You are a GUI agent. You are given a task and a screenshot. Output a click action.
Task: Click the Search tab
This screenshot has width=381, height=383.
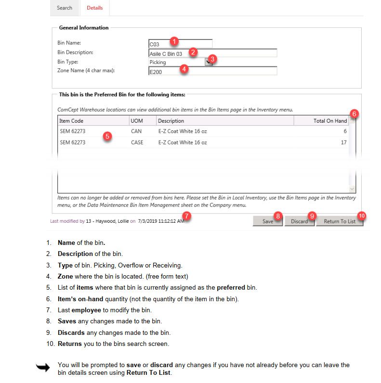click(65, 8)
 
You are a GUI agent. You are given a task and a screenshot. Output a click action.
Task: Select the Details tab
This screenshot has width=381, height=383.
click(94, 8)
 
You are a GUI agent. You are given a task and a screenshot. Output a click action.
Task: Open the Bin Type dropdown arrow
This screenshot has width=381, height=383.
click(208, 62)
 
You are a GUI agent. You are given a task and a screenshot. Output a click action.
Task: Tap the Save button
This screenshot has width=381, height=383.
click(268, 221)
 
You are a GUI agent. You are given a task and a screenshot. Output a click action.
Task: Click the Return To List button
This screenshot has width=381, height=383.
click(339, 221)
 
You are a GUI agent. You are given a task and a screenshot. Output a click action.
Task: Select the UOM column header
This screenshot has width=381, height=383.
click(136, 121)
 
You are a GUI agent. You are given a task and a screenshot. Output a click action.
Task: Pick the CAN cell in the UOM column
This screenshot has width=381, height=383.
click(136, 131)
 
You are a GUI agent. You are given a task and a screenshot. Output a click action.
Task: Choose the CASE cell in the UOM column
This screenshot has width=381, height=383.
click(137, 142)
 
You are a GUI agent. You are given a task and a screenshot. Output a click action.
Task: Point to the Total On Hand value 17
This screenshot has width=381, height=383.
click(343, 142)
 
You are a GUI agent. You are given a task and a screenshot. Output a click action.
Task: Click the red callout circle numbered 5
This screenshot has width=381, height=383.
click(107, 136)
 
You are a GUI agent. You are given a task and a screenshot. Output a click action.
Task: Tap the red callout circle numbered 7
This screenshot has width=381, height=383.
click(187, 216)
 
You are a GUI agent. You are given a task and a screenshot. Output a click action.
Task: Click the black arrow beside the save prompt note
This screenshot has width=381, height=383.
click(43, 368)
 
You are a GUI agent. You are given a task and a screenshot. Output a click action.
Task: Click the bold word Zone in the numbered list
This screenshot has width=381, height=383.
click(66, 276)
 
